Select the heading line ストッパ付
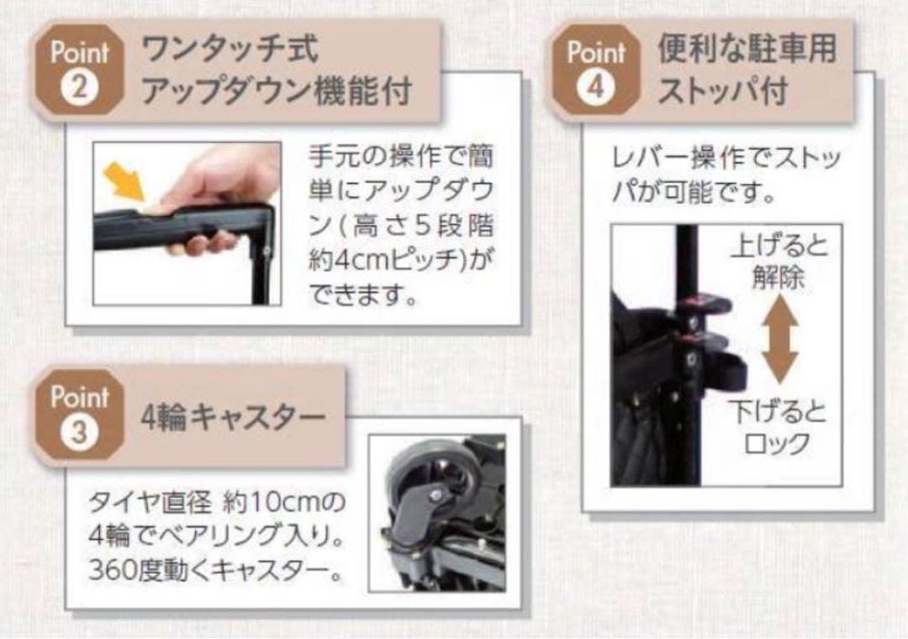[722, 91]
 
